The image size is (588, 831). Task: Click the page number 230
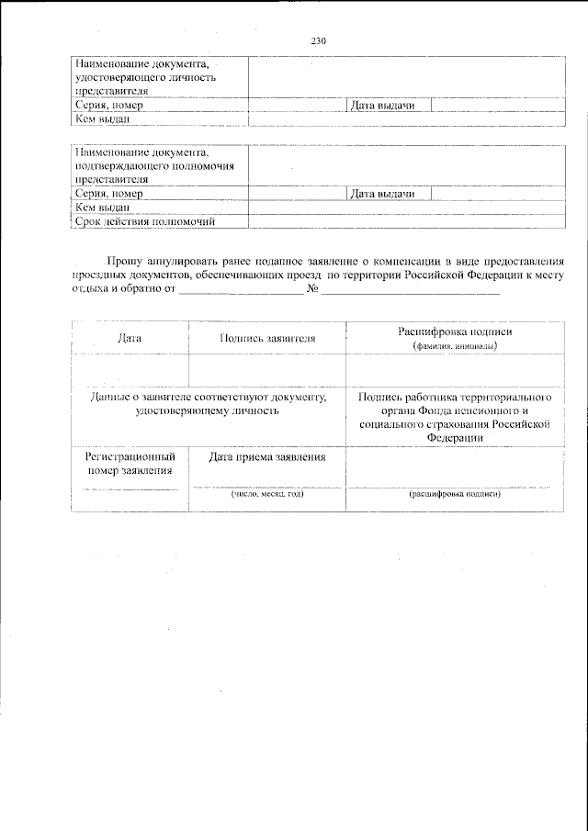(x=319, y=40)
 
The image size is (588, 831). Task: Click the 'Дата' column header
(x=130, y=338)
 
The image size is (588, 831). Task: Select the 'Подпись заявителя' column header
(x=266, y=338)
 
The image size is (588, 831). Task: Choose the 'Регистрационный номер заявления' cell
(x=130, y=463)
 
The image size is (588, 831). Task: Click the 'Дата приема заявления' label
(x=266, y=456)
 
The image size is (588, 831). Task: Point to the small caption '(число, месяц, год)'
(x=266, y=494)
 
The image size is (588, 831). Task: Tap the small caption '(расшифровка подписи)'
(x=454, y=494)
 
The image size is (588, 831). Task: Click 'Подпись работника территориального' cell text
(x=455, y=397)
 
